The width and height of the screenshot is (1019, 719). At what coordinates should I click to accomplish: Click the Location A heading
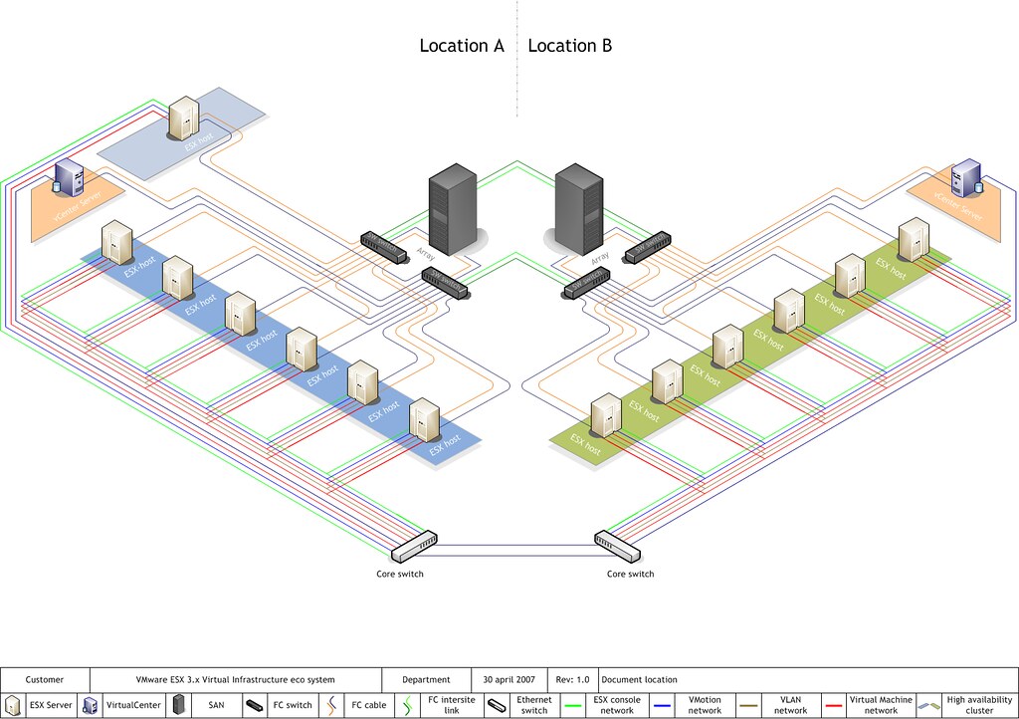click(x=461, y=46)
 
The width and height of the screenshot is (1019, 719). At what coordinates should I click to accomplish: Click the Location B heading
click(x=569, y=46)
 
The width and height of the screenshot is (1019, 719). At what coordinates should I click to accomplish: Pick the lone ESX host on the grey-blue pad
click(x=185, y=119)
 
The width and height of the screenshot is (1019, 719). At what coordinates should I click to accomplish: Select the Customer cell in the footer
click(x=45, y=680)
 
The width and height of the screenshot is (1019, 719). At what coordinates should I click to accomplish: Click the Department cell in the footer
click(x=425, y=680)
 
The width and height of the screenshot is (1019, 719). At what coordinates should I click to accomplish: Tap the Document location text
click(x=640, y=680)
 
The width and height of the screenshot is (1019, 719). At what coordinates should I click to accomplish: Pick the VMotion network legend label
click(x=705, y=705)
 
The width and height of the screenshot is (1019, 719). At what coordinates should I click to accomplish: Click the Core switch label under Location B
click(x=631, y=574)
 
